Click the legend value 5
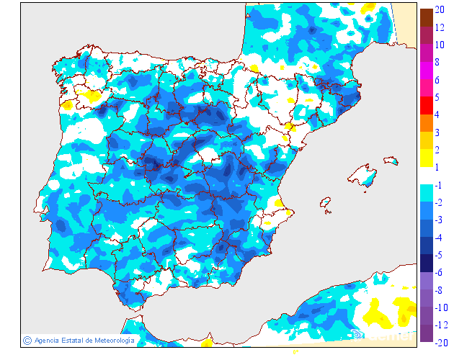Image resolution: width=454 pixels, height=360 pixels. click(438, 97)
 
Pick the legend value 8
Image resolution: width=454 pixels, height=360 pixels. click(438, 63)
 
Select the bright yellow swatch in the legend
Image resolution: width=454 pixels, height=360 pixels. click(426, 158)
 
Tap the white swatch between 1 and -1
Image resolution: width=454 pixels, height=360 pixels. click(426, 176)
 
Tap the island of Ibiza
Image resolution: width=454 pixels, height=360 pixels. click(327, 203)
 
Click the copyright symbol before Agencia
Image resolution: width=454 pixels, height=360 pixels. click(27, 340)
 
